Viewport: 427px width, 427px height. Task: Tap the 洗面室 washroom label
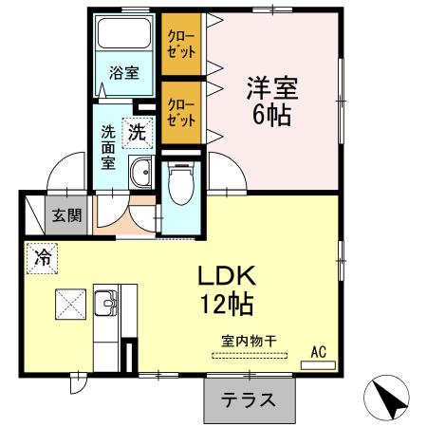(109, 148)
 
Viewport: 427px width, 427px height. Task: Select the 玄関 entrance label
(66, 214)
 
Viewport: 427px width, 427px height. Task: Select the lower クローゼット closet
(180, 114)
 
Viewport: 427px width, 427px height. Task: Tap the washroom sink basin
(142, 173)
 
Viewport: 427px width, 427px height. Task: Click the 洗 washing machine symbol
(138, 132)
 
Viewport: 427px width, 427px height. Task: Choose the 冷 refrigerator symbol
(43, 255)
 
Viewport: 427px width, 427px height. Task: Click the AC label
(319, 352)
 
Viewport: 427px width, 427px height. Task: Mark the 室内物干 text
(248, 340)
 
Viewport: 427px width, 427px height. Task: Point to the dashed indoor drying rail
(250, 357)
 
